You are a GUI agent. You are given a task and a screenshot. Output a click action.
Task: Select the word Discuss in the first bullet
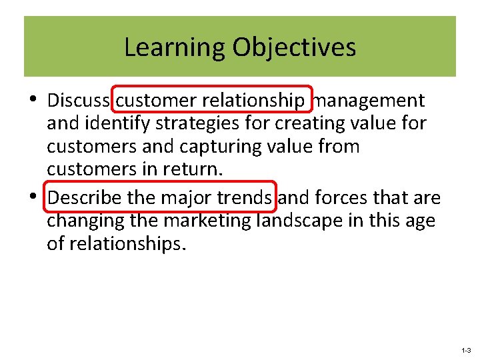79,101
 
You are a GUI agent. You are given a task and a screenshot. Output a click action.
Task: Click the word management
369,101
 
